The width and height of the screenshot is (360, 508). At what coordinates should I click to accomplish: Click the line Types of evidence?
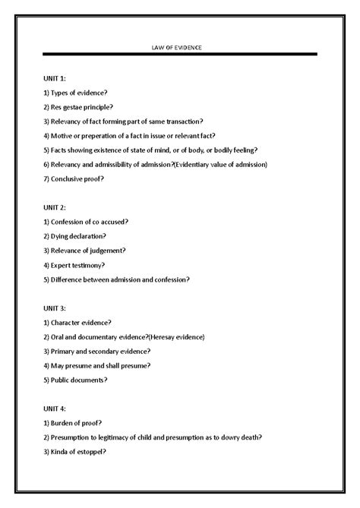click(73, 93)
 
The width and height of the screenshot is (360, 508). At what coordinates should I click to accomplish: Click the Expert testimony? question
click(74, 264)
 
